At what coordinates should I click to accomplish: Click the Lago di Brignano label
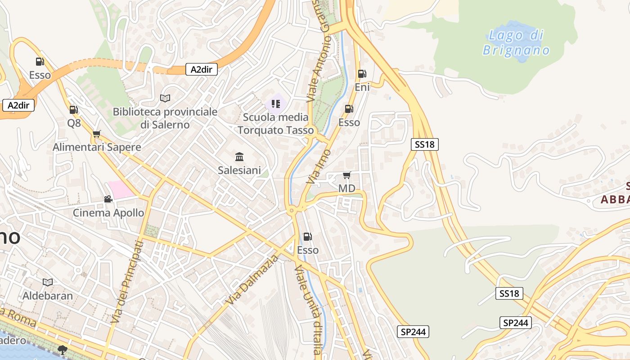(516, 42)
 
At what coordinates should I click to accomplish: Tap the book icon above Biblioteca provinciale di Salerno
(165, 98)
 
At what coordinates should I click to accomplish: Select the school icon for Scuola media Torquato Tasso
(276, 104)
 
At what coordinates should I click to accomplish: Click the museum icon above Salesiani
(239, 157)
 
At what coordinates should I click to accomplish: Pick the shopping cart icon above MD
(346, 175)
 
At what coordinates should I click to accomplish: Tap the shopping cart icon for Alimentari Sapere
(96, 134)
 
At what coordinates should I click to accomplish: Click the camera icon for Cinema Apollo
(108, 199)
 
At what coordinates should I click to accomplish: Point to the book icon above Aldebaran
(48, 282)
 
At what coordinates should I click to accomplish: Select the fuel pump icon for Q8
(73, 109)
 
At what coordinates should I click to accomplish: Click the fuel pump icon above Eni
(362, 74)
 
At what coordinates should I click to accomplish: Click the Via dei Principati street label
(126, 281)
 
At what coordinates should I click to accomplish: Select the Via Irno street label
(319, 166)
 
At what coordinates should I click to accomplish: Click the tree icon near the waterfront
(63, 350)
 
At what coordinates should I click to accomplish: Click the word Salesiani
(239, 170)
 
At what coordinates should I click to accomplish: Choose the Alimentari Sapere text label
(97, 147)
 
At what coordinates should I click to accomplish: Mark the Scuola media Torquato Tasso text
(275, 124)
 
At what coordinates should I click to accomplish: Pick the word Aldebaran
(48, 296)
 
